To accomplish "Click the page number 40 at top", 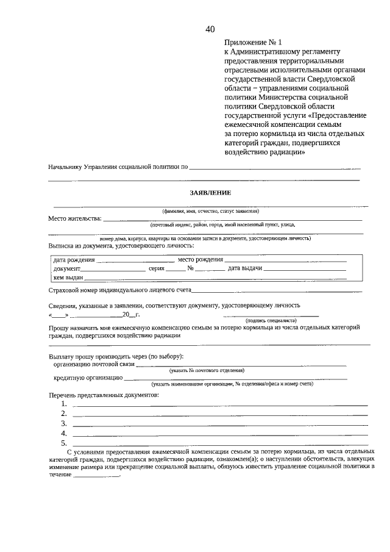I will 210,29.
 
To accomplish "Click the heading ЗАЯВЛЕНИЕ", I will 210,193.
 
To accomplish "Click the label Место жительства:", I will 75,218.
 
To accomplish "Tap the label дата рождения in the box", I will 74,259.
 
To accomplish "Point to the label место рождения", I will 200,259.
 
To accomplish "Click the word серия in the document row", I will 157,268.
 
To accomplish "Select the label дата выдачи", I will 245,268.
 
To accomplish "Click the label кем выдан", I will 68,278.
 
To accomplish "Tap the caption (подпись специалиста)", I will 271,320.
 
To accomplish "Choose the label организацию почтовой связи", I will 93,365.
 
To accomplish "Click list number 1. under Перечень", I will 64,404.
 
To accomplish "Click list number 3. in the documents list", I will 64,423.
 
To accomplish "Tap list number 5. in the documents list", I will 64,443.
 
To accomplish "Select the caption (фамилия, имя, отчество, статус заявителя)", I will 210,211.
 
